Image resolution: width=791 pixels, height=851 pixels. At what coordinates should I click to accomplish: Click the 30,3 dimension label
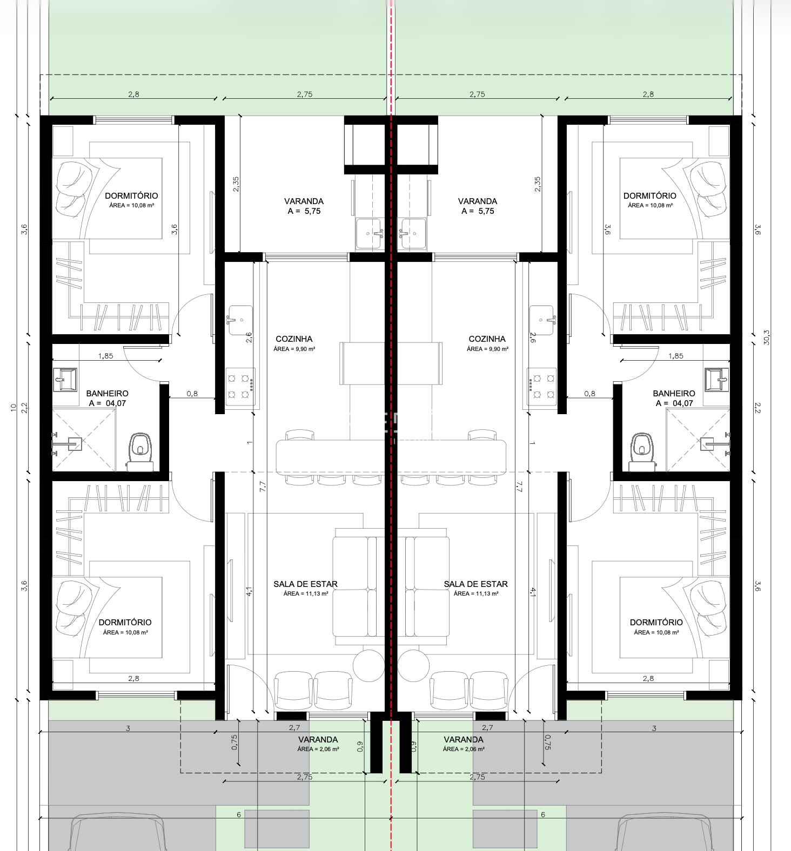coord(766,337)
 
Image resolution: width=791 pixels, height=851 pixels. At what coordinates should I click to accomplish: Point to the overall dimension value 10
coord(14,408)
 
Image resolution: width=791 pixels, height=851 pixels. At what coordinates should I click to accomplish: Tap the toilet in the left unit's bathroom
coord(140,451)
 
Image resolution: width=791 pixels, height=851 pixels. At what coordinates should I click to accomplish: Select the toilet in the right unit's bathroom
coord(642,451)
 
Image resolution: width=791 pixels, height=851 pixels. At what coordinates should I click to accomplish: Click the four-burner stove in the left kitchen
coord(240,387)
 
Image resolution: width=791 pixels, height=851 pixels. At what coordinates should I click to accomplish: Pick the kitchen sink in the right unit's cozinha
coord(542,320)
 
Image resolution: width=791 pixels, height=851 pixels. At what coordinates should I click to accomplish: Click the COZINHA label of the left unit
coord(294,339)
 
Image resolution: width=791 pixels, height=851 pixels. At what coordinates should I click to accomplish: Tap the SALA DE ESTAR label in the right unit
coord(475,584)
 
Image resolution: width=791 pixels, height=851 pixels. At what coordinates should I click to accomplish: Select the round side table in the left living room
coord(368,665)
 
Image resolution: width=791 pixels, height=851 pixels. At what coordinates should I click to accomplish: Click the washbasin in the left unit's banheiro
coord(65,380)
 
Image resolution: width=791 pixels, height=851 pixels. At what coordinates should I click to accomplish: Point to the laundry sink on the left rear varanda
coord(370,233)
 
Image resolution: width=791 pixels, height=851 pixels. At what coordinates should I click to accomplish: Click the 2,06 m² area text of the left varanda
coord(318,749)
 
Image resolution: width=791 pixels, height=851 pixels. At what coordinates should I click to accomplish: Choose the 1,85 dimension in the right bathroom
coord(675,356)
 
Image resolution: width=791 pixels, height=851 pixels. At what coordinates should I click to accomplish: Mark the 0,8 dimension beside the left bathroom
coord(192,394)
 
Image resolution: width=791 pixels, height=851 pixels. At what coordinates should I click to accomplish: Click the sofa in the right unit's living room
coord(426,587)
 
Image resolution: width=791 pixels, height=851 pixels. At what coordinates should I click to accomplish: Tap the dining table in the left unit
coord(330,457)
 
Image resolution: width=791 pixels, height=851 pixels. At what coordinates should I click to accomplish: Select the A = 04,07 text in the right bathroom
coord(674,403)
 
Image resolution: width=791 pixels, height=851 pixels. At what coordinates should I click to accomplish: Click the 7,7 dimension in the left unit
coord(263,486)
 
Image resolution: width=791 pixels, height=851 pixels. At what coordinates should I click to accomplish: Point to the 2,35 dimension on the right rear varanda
coord(537,184)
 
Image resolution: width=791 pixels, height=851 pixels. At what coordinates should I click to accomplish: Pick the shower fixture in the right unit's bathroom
coord(715,443)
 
